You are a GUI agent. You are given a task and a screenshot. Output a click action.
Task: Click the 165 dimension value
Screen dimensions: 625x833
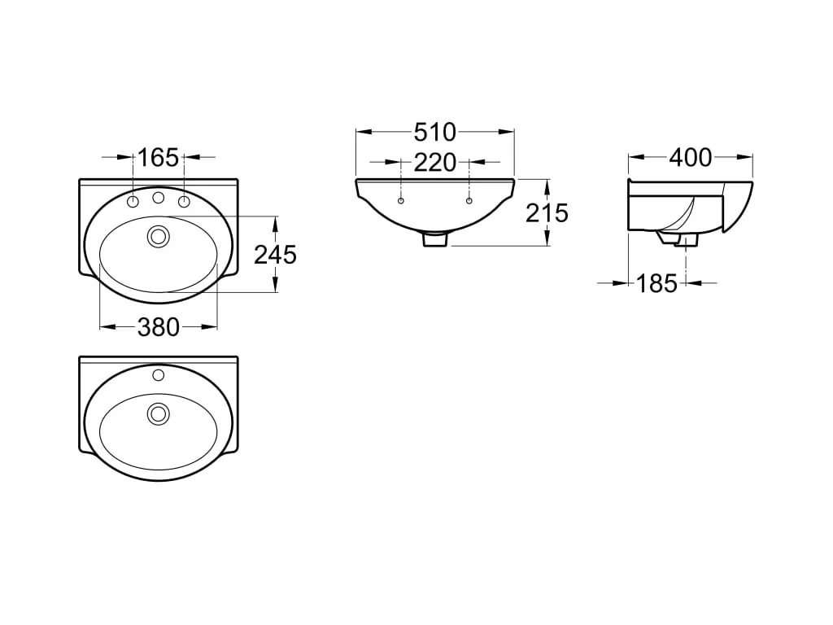(158, 157)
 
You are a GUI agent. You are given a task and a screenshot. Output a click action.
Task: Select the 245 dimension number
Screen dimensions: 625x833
(275, 255)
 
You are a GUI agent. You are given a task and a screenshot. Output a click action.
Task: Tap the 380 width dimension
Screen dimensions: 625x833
(158, 327)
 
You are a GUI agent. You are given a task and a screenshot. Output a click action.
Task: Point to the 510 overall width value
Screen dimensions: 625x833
(435, 131)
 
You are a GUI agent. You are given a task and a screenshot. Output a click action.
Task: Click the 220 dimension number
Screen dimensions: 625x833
(435, 163)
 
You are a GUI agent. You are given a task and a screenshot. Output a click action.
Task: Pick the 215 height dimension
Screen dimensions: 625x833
(547, 212)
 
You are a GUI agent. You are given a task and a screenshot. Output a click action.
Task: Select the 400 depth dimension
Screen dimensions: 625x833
(690, 157)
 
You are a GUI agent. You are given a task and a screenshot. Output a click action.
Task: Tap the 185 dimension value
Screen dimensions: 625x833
(656, 283)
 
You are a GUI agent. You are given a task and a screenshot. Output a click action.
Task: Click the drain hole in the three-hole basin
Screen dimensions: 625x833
(158, 237)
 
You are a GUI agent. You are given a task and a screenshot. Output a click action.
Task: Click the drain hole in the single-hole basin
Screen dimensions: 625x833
(158, 413)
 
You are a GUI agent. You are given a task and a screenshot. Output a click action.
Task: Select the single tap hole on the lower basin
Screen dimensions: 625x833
(158, 375)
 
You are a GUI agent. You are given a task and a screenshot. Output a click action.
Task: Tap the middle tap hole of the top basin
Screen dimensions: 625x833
(159, 198)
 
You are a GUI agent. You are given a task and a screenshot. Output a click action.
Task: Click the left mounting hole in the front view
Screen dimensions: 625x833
(401, 200)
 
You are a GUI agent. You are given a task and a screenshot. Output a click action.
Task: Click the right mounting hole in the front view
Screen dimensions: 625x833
(469, 200)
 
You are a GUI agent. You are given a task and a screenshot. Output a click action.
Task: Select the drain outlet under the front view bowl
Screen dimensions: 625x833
(435, 239)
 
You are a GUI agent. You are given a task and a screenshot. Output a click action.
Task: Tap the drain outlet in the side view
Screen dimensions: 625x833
(685, 240)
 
